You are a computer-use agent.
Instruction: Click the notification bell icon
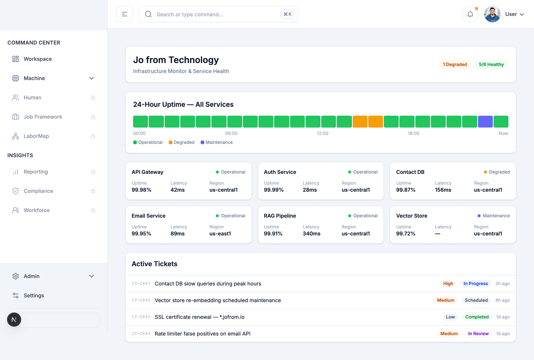[470, 14]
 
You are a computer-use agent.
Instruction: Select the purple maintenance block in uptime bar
[485, 121]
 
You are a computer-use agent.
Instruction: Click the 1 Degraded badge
[455, 64]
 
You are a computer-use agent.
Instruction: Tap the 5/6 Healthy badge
[491, 64]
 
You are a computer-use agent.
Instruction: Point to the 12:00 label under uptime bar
[323, 133]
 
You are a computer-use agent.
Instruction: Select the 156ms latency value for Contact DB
[443, 190]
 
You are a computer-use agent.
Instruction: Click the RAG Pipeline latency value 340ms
[312, 234]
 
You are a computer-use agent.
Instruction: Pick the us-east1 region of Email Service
[220, 234]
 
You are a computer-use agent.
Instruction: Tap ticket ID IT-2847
[141, 284]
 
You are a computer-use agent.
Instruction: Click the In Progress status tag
[476, 284]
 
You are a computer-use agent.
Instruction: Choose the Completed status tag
[477, 317]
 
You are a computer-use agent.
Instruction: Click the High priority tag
[448, 284]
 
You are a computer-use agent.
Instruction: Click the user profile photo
[492, 14]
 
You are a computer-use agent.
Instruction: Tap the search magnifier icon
[148, 14]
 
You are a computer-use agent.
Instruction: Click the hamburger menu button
[125, 14]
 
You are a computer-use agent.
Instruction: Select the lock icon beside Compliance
[93, 191]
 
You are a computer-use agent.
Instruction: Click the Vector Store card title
[412, 216]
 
